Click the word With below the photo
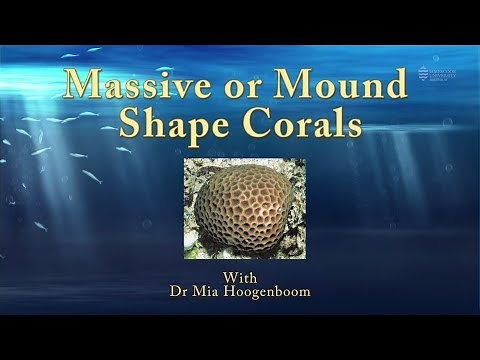(x=240, y=278)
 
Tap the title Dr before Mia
(x=181, y=293)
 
